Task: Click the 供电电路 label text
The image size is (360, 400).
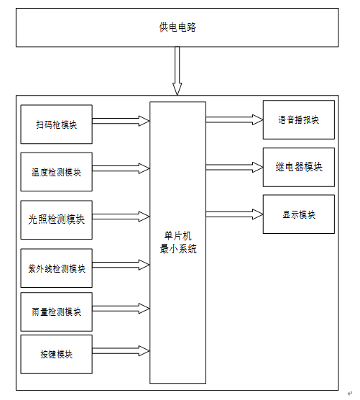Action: pos(177,27)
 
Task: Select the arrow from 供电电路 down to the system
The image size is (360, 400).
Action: pos(177,71)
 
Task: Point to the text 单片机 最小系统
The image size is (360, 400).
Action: pos(178,242)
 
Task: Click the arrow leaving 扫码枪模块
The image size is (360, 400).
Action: pos(121,121)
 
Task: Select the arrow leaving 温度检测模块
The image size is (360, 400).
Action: pos(121,168)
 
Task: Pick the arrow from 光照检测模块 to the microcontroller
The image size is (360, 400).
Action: pos(121,217)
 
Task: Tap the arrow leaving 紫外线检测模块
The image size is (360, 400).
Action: pos(121,265)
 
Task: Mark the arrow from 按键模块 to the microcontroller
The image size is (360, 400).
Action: pos(121,351)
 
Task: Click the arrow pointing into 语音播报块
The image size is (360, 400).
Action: pos(234,119)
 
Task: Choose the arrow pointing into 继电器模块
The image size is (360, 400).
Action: pos(234,168)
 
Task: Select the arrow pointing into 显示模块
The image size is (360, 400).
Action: pos(234,214)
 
